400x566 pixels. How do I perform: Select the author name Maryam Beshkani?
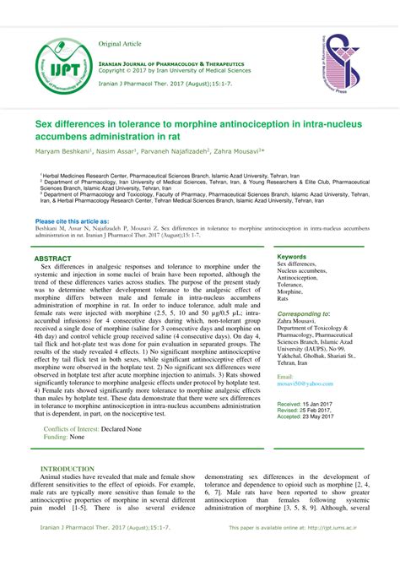point(62,150)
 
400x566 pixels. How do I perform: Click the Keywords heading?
point(292,256)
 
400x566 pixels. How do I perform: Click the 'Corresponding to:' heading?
point(304,314)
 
